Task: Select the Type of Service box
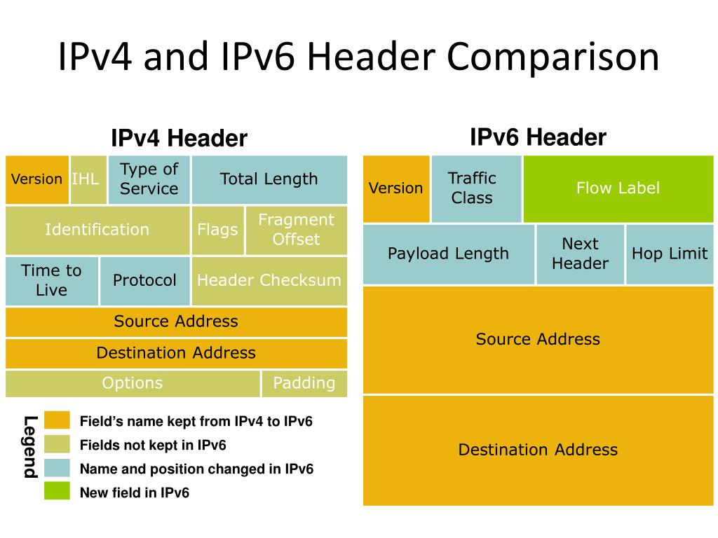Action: point(149,179)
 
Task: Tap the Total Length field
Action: point(269,179)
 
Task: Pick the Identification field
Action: point(97,230)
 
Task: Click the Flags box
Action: point(217,230)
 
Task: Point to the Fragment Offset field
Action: point(296,230)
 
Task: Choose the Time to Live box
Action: point(52,280)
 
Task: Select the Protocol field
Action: point(145,280)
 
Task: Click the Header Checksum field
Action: point(269,280)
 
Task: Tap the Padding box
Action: point(304,383)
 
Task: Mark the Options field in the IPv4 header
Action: point(133,383)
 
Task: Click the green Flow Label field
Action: point(618,188)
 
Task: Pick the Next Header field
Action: point(580,254)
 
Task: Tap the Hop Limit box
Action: point(670,254)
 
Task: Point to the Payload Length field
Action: point(449,254)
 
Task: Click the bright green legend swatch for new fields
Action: point(57,491)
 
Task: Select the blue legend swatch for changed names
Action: point(57,468)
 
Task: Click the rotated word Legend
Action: point(30,447)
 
